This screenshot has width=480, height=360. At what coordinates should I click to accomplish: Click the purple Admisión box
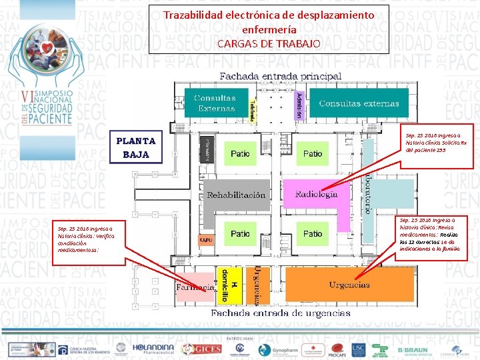point(297,104)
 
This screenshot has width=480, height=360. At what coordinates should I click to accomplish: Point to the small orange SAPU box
point(206,239)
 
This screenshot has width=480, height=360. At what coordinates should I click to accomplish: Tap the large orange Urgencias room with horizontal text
point(349,285)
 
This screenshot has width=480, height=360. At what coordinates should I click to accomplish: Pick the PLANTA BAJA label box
point(136,147)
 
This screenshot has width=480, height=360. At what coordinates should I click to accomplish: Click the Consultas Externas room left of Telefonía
point(215,103)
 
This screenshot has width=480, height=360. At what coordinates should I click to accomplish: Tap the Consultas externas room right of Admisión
point(359,103)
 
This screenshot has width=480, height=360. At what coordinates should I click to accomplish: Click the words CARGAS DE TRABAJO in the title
point(268,44)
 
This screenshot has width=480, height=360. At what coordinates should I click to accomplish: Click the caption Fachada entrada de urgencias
point(280,313)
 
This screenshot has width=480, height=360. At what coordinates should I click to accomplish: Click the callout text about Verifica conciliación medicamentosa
point(89,237)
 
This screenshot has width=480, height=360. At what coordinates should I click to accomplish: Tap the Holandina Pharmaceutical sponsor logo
point(153,349)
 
